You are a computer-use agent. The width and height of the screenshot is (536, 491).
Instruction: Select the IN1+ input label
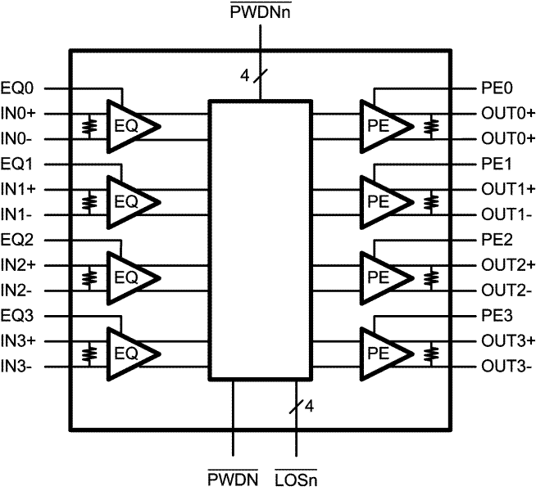pyautogui.click(x=20, y=188)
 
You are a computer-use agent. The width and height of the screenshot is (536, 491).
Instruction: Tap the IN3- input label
pyautogui.click(x=18, y=366)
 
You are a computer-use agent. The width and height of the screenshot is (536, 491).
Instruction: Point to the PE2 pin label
pyautogui.click(x=497, y=240)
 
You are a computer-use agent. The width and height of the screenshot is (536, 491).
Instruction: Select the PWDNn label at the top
pyautogui.click(x=261, y=11)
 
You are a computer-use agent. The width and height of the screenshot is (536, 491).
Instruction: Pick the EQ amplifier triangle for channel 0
pyautogui.click(x=129, y=125)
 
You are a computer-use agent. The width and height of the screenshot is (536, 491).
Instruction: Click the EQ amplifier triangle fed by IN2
pyautogui.click(x=129, y=278)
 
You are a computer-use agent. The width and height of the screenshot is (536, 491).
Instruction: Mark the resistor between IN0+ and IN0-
pyautogui.click(x=88, y=125)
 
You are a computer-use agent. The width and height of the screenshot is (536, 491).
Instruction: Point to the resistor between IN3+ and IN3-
pyautogui.click(x=88, y=354)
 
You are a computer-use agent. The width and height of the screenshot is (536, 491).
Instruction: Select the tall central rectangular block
pyautogui.click(x=260, y=240)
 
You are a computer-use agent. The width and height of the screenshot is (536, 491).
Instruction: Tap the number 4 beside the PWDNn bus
pyautogui.click(x=244, y=76)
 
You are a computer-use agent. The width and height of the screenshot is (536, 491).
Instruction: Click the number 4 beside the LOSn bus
pyautogui.click(x=308, y=404)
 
